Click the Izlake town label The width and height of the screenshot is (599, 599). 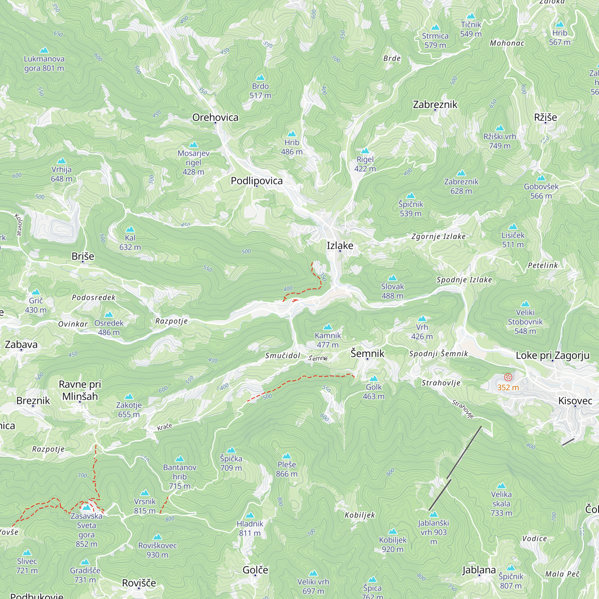coord(340,246)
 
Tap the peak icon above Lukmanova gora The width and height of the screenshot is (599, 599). coord(44,50)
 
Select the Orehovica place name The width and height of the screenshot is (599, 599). coord(215,117)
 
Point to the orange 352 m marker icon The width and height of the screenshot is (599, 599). coord(508,377)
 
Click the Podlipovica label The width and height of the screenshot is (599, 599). coord(256,181)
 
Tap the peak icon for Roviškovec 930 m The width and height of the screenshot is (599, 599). coord(158,537)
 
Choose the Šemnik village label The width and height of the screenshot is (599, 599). coord(367,353)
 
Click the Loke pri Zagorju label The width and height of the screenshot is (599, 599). coord(553,355)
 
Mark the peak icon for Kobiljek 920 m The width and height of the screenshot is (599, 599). coord(393,531)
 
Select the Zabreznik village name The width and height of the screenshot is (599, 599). coord(435,105)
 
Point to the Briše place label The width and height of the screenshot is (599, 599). coord(83,256)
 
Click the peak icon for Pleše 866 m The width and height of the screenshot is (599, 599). coord(287,456)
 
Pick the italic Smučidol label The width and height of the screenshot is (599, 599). coord(282,356)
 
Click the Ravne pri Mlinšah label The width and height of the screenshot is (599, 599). coord(80,390)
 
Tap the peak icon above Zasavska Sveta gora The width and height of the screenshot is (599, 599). coord(87,508)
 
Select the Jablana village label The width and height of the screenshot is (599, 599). coord(479,570)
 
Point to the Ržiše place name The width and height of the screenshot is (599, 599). coord(545,117)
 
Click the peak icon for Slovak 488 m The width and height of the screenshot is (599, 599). coord(393,278)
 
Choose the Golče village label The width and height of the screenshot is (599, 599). coord(255,570)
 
